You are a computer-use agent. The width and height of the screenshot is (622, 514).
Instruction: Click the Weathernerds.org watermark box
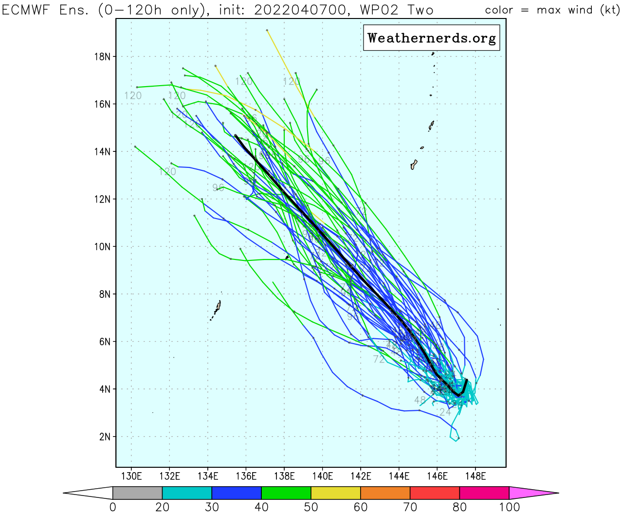point(431,38)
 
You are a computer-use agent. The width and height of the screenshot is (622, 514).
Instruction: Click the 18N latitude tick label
point(102,57)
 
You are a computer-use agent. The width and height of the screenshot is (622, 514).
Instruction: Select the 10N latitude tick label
point(102,247)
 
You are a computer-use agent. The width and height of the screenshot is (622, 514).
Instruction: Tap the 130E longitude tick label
point(131,476)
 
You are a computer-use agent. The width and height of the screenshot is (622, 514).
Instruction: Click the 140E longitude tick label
point(322,476)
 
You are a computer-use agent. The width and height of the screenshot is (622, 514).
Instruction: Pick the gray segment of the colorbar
point(137,493)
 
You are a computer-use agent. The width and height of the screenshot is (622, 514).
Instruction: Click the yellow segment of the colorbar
point(335,493)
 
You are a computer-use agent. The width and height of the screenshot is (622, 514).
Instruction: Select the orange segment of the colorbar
point(385,493)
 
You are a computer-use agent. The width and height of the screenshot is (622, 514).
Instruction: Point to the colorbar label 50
point(311,507)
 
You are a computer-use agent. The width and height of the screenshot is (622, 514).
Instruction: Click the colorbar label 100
point(509,507)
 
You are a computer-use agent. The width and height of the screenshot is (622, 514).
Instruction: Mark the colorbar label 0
point(113,507)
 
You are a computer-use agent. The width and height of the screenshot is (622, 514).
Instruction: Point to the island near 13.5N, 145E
point(414,165)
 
